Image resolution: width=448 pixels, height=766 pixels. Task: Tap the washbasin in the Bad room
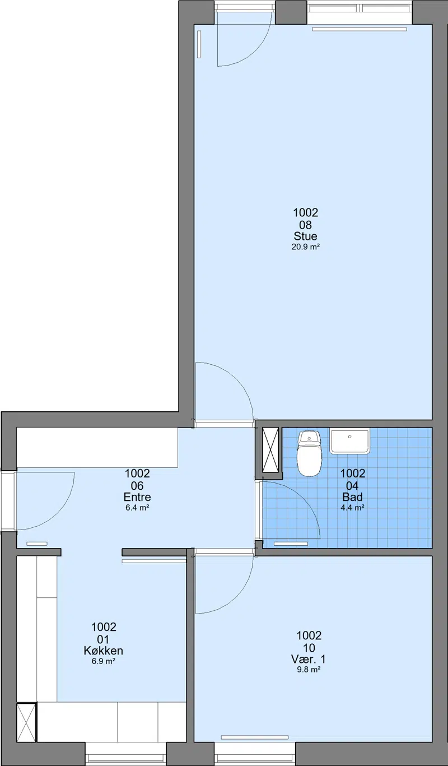349,442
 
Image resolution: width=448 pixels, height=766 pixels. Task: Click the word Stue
305,236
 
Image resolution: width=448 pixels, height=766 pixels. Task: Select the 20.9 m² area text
305,247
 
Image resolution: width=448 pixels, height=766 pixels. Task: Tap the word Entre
137,497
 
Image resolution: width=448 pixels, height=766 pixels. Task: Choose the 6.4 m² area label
137,508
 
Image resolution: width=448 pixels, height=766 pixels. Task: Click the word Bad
352,497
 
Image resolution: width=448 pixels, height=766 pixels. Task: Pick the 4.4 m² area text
352,508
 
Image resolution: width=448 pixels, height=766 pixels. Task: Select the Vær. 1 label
309,659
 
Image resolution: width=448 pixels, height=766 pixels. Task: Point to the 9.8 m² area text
309,670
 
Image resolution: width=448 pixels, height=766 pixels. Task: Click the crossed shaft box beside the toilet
270,449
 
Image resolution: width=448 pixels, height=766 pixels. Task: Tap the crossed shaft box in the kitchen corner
26,722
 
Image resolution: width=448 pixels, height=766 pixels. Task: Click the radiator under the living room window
360,29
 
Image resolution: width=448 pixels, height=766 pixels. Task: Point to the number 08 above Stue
305,225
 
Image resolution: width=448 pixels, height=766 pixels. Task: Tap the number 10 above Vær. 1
309,648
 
